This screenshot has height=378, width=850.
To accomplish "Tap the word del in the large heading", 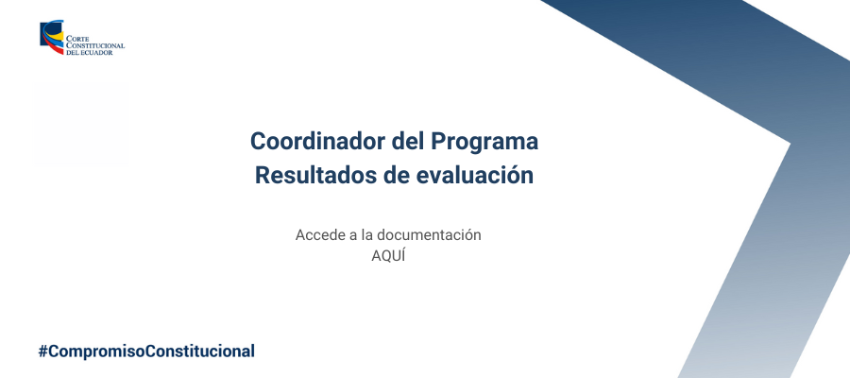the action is [x=408, y=142].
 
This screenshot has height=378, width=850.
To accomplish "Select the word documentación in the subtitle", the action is [x=429, y=235].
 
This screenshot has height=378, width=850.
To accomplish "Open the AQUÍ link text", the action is [x=388, y=256].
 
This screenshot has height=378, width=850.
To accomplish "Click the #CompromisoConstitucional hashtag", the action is [x=146, y=352].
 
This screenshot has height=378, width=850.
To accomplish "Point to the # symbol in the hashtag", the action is [x=43, y=352].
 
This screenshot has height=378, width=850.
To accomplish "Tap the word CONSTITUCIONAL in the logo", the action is [x=95, y=46].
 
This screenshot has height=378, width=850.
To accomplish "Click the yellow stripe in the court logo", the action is [x=53, y=39].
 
